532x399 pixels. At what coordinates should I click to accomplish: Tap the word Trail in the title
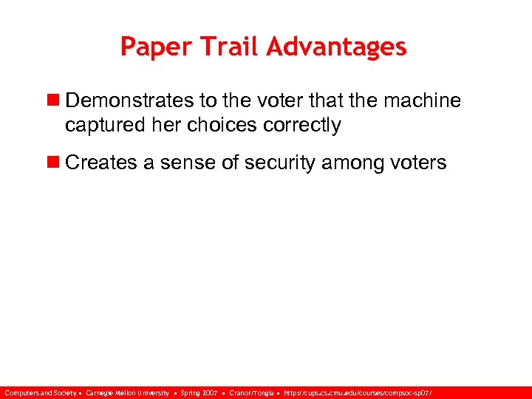225,47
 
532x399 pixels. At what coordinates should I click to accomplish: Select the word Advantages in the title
337,47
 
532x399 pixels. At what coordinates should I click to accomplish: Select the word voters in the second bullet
420,163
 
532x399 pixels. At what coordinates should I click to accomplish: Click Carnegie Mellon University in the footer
127,393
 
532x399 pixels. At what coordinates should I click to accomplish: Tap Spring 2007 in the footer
199,393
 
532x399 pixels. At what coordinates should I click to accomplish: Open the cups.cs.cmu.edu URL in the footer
358,393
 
